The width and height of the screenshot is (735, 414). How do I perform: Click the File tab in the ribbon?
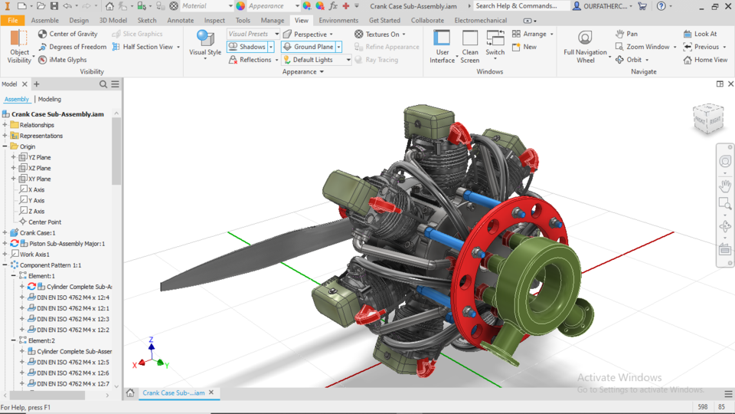pyautogui.click(x=12, y=21)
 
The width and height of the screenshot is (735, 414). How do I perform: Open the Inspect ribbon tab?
pyautogui.click(x=214, y=21)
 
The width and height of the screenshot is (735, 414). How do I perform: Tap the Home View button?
pyautogui.click(x=705, y=60)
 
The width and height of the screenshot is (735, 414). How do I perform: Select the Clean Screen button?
pyautogui.click(x=470, y=46)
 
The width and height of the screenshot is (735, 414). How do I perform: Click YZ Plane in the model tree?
pyautogui.click(x=39, y=157)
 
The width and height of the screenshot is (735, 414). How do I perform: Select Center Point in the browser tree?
pyautogui.click(x=44, y=222)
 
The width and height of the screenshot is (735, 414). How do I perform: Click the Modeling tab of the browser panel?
pyautogui.click(x=50, y=99)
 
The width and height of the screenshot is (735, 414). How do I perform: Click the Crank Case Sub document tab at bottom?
pyautogui.click(x=173, y=393)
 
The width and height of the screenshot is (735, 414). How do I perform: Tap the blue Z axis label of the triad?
pyautogui.click(x=152, y=339)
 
